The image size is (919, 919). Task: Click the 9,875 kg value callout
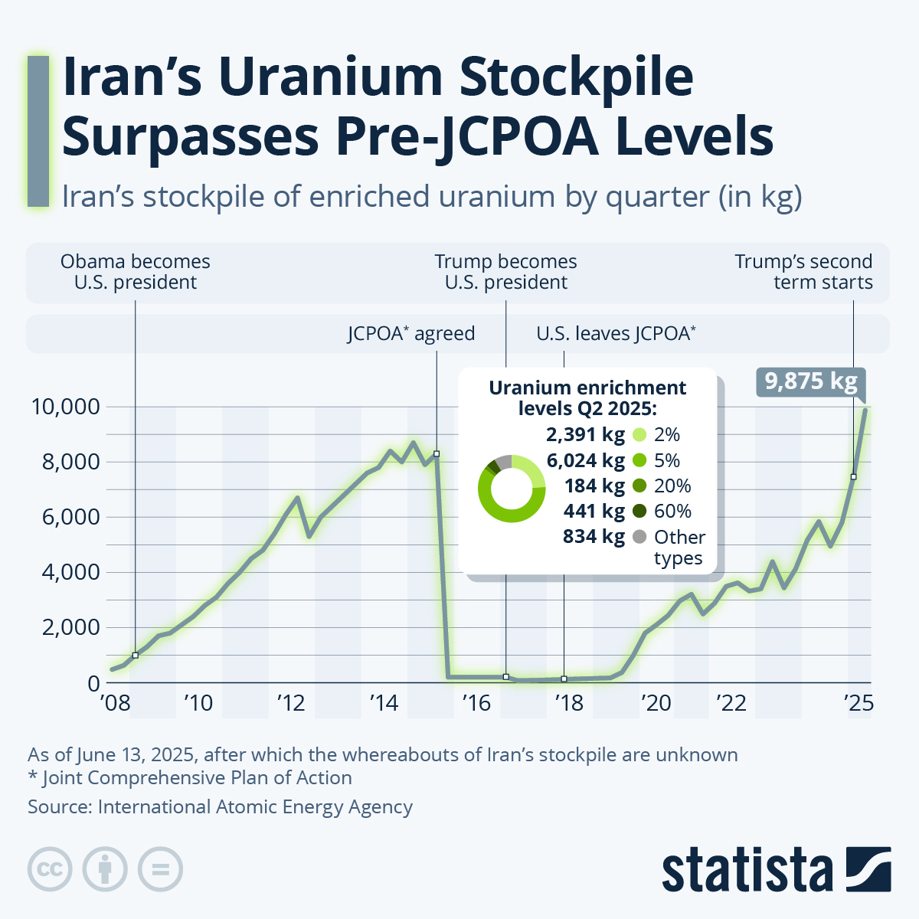(x=811, y=381)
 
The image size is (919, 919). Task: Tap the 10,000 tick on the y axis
(x=66, y=407)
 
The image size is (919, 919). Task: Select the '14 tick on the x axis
(x=384, y=702)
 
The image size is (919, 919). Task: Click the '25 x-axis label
(x=858, y=702)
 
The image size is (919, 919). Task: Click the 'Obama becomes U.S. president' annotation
(x=136, y=272)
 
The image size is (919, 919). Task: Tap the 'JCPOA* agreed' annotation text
(x=411, y=334)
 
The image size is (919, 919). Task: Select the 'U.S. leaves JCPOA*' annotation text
(x=616, y=334)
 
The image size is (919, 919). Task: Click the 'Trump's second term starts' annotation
(x=803, y=272)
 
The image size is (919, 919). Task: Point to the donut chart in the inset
(x=512, y=489)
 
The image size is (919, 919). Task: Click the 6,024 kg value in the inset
(x=586, y=460)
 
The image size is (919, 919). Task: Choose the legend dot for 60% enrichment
(x=640, y=511)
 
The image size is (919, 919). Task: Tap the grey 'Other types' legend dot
(x=640, y=536)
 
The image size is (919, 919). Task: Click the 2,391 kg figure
(x=586, y=434)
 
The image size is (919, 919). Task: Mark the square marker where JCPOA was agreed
(x=437, y=454)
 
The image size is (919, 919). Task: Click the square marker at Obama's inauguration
(x=136, y=656)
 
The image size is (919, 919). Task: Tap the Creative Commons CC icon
(x=50, y=870)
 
